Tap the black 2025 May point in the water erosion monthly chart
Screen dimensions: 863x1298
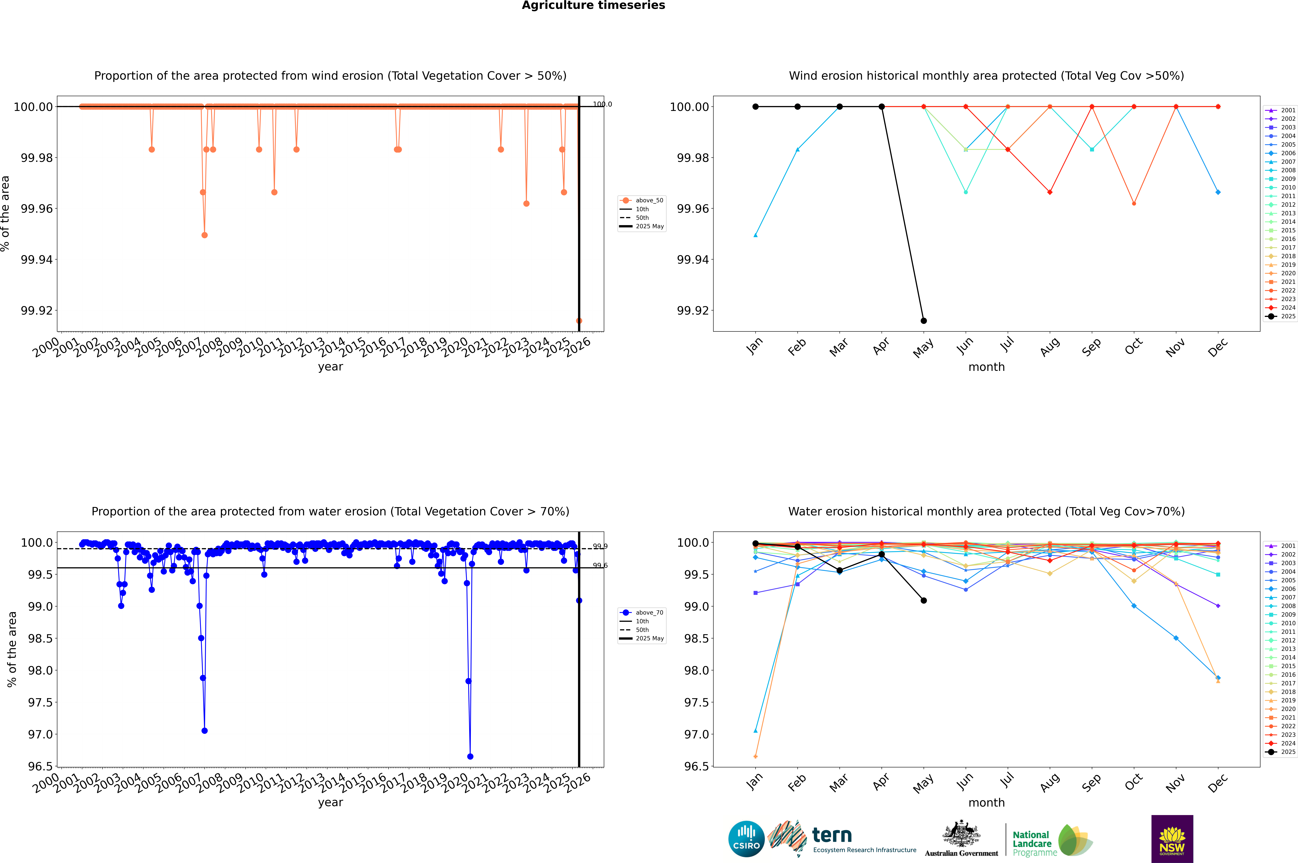[923, 600]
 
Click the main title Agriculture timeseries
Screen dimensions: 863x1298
[593, 5]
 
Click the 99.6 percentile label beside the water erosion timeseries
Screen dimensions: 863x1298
[600, 565]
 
